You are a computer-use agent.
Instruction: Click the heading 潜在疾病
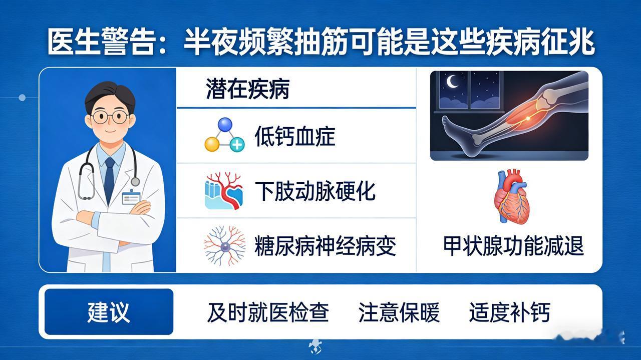coord(247,89)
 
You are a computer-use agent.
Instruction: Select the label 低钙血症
coord(295,137)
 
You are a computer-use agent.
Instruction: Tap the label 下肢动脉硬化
coord(315,191)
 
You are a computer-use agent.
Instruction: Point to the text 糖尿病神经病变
coord(326,246)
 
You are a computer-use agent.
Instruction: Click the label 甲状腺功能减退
coord(513,246)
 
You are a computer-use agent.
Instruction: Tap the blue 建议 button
coord(109,311)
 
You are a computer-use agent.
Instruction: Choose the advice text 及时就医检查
coord(268,312)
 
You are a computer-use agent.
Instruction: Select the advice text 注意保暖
coord(399,312)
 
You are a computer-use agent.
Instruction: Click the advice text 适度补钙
coord(510,312)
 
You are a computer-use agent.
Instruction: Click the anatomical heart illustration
coord(511,197)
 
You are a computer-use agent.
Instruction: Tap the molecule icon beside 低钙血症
coord(225,135)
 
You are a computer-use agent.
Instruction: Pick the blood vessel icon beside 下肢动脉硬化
coord(224,191)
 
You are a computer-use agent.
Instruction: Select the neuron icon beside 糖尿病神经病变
coord(225,245)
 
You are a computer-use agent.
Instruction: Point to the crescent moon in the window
coord(452,82)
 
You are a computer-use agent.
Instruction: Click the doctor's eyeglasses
coord(111,117)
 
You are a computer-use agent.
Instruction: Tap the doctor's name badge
coord(131,197)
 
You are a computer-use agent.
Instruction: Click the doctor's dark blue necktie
coord(109,179)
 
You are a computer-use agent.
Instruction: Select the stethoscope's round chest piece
coord(135,181)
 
